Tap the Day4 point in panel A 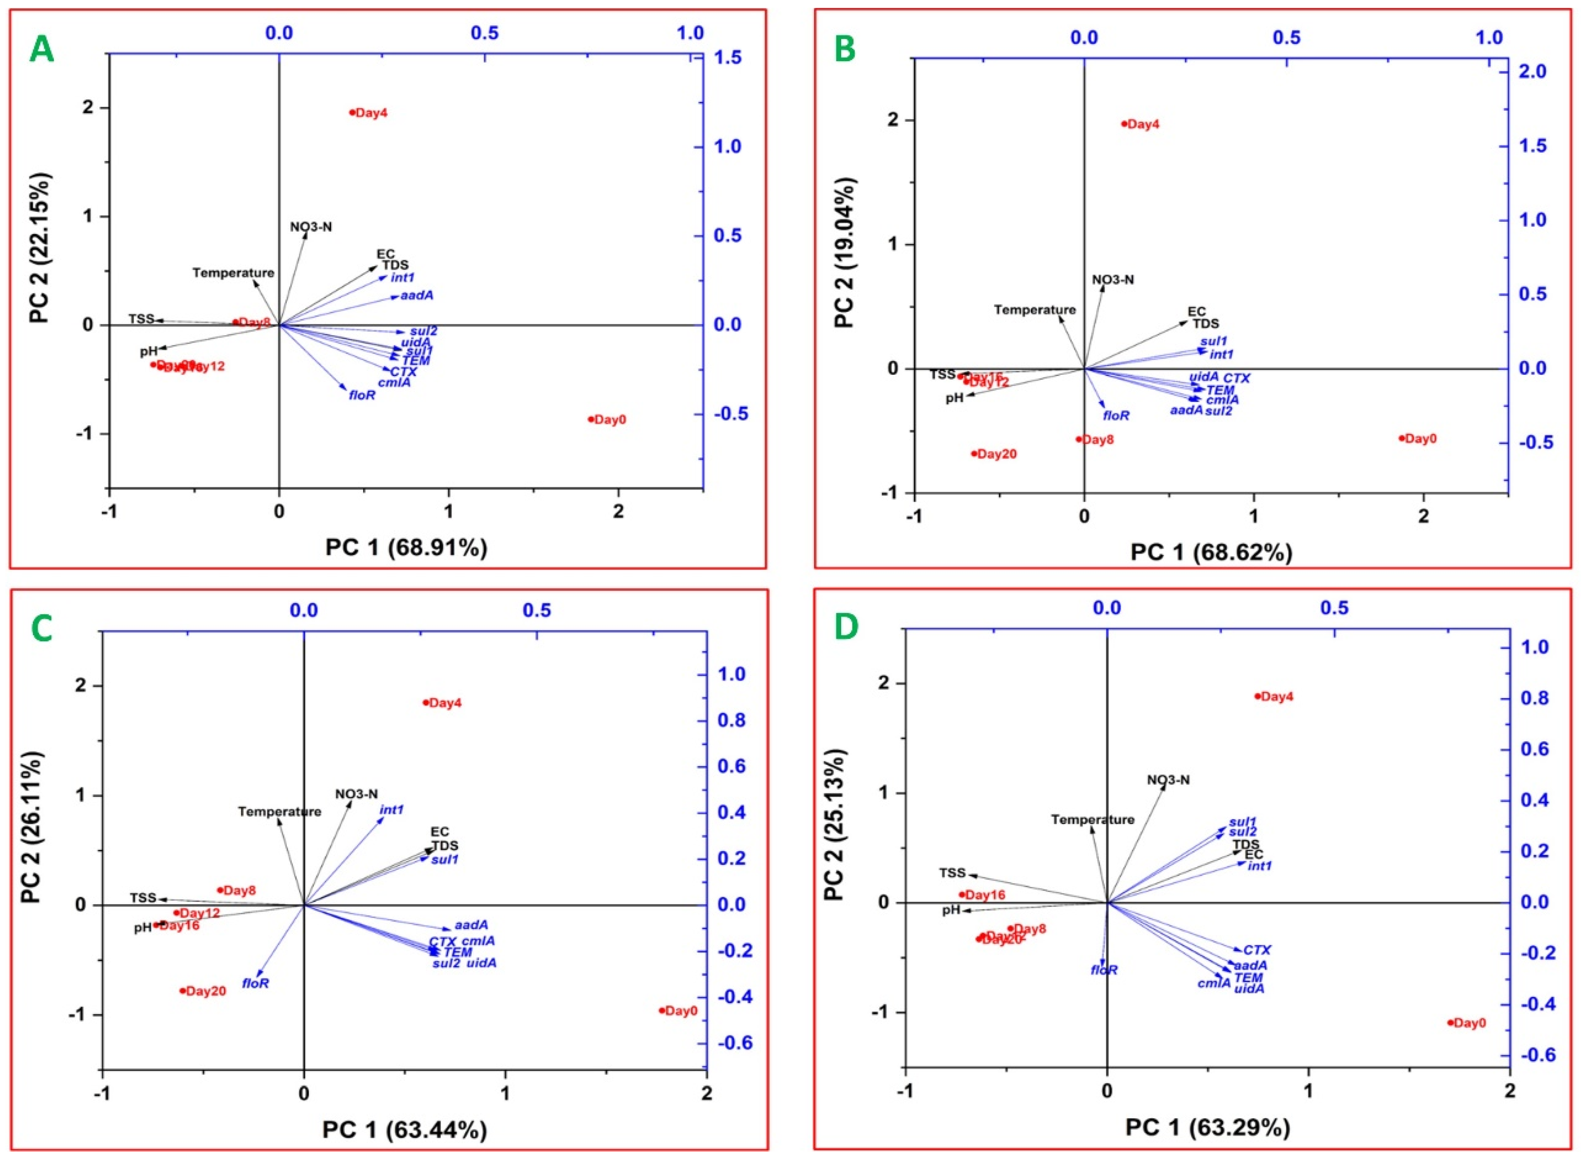click(x=352, y=112)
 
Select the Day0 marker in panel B click(x=1401, y=438)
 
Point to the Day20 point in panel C click(x=183, y=991)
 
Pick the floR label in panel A click(x=362, y=396)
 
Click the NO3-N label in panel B click(x=1112, y=280)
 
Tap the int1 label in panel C click(x=392, y=810)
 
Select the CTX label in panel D click(x=1257, y=950)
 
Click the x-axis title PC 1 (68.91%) click(x=406, y=548)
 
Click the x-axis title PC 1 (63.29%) click(x=1207, y=1128)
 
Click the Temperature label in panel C click(x=279, y=812)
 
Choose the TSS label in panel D click(x=952, y=873)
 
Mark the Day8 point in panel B click(x=1078, y=439)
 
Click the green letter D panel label click(x=845, y=628)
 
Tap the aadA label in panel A click(x=417, y=296)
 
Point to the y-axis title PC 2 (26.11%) click(x=33, y=827)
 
